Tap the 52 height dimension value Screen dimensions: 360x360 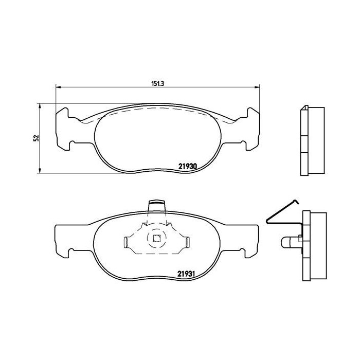[35, 138]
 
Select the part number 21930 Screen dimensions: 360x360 [188, 166]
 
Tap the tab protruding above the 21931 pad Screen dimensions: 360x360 [157, 207]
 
